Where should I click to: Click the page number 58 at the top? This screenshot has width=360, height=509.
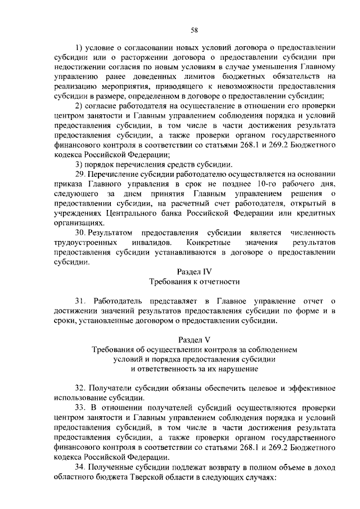[193, 29]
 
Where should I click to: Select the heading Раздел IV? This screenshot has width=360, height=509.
[194, 272]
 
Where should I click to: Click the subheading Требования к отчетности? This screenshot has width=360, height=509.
[194, 282]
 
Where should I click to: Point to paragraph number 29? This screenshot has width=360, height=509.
[80, 175]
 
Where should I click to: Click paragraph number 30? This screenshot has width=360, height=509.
[80, 233]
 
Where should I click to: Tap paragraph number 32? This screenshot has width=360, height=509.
[80, 389]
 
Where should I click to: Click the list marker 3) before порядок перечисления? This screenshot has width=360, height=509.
[79, 164]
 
